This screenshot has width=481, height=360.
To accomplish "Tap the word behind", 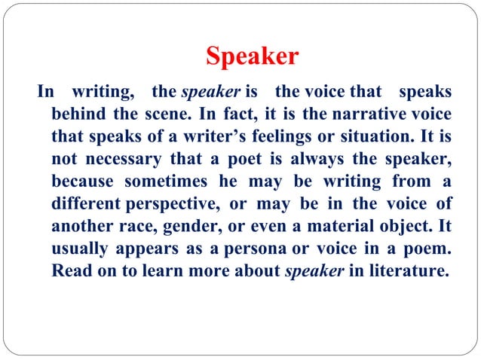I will point(78,114).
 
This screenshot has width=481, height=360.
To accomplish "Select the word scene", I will point(159,114).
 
